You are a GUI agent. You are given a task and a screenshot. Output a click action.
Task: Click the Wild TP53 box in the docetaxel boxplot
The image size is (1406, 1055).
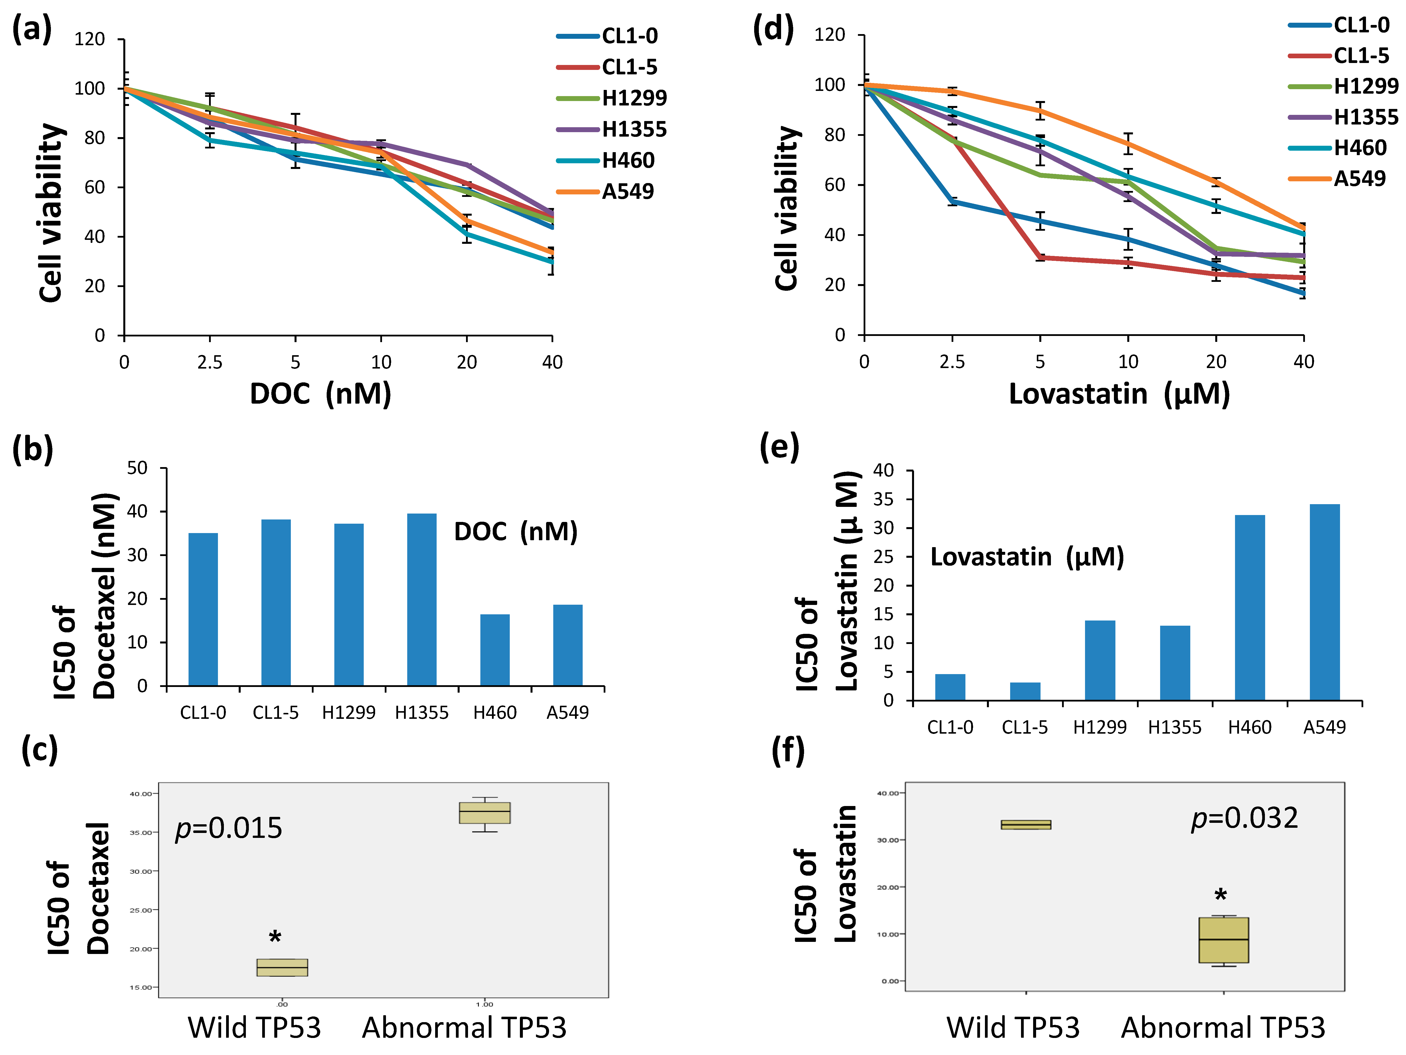[282, 967]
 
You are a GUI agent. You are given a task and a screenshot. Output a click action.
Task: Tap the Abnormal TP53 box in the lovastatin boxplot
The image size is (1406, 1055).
[1224, 940]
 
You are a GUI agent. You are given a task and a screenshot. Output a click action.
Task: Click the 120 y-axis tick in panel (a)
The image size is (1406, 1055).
[90, 40]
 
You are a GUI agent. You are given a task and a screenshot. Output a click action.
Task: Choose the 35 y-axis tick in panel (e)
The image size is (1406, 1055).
[884, 499]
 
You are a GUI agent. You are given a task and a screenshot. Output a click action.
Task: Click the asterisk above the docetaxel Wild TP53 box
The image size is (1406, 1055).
[275, 937]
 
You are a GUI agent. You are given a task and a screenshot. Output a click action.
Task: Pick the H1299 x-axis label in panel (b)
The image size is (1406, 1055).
[348, 712]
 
